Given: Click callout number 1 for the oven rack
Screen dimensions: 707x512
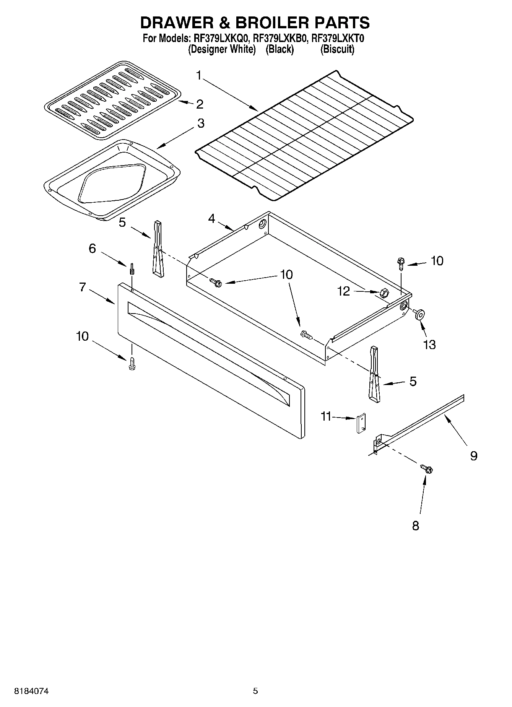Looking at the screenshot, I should pos(199,75).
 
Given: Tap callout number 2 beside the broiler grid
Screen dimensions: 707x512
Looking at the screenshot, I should pos(200,104).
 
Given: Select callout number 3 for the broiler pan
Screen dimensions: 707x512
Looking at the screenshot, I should pos(200,123).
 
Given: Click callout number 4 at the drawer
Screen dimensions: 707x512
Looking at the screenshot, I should pos(211,219).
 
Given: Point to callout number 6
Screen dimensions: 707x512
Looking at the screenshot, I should pos(92,249).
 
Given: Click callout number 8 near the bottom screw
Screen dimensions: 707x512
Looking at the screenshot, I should pos(415,526).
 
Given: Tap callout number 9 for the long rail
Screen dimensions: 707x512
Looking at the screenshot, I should pos(473,455).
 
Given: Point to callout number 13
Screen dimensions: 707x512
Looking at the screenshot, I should pos(429,345).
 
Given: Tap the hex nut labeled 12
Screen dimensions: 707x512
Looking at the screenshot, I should pos(384,294).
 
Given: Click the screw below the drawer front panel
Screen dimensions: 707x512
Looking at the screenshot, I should pos(132,363).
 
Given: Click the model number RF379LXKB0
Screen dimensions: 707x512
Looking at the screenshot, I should pos(280,39).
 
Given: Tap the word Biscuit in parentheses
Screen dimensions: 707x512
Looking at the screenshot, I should pos(337,49).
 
